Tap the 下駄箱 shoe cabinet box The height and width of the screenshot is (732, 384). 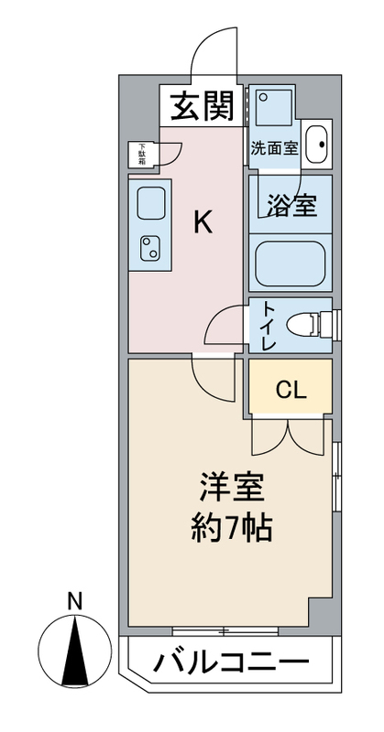click(142, 155)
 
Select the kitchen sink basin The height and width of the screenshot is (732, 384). click(150, 203)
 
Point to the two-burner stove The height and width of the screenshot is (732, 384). click(150, 248)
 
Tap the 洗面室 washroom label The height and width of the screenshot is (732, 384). click(274, 148)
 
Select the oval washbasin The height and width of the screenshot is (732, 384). click(317, 145)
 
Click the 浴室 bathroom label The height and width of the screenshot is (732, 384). click(292, 205)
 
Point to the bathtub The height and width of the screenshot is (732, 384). click(291, 264)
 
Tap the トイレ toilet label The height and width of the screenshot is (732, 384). click(268, 326)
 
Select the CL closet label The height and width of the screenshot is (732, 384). click(291, 390)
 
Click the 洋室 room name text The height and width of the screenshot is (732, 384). click(232, 488)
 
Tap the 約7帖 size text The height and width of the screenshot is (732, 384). click(232, 528)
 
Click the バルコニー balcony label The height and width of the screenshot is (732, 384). click(232, 661)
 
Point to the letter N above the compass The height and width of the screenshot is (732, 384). click(74, 601)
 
